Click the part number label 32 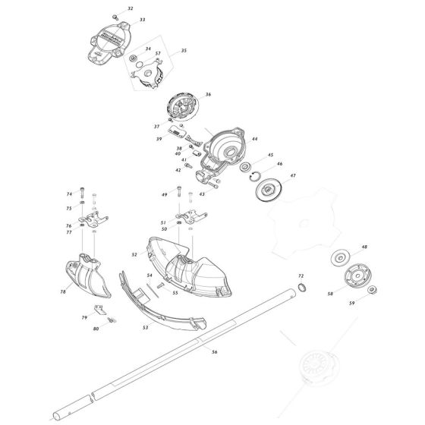pyautogui.click(x=130, y=8)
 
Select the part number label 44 pyautogui.click(x=254, y=140)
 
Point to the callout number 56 pyautogui.click(x=214, y=351)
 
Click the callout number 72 pyautogui.click(x=301, y=275)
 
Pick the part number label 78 pyautogui.click(x=62, y=291)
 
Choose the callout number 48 pyautogui.click(x=364, y=247)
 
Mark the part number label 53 pyautogui.click(x=145, y=328)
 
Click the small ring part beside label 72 pyautogui.click(x=302, y=287)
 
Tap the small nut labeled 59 pyautogui.click(x=373, y=290)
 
